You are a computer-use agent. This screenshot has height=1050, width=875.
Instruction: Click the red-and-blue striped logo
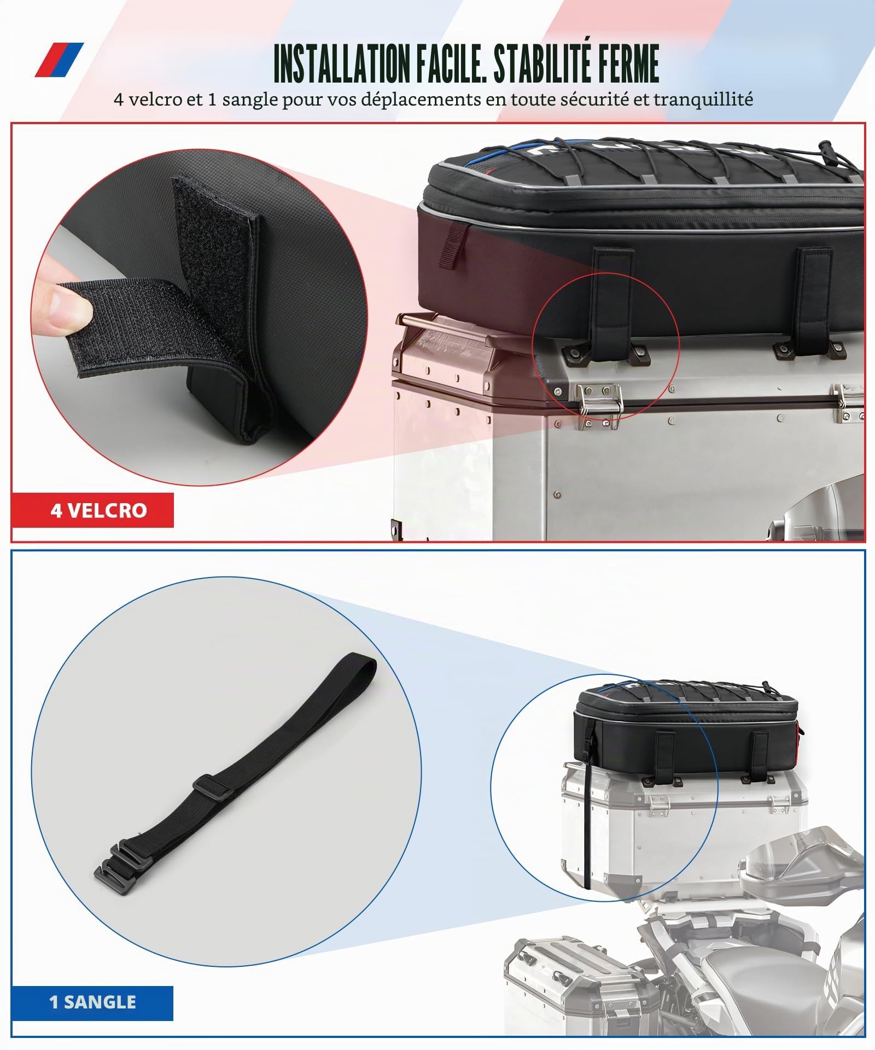click(x=60, y=60)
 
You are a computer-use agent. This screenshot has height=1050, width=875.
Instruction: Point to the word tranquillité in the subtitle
click(x=703, y=100)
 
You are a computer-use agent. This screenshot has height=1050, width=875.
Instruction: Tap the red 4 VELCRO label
click(x=92, y=510)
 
